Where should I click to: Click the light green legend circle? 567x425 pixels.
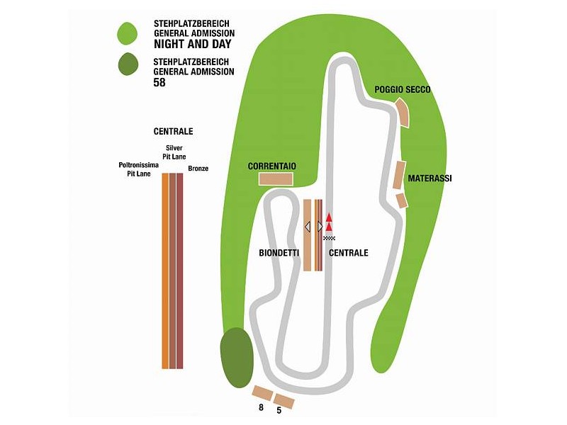pyautogui.click(x=127, y=33)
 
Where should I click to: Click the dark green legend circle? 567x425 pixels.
pyautogui.click(x=127, y=65)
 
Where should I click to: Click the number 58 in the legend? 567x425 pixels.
pyautogui.click(x=159, y=82)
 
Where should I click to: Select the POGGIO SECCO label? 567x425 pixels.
pyautogui.click(x=403, y=90)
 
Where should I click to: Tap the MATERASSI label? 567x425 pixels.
pyautogui.click(x=430, y=178)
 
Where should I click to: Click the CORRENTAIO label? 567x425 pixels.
pyautogui.click(x=271, y=166)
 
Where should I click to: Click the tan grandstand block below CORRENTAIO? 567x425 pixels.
pyautogui.click(x=276, y=178)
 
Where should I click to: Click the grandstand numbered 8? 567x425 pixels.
pyautogui.click(x=263, y=392)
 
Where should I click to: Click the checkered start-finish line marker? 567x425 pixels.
pyautogui.click(x=329, y=237)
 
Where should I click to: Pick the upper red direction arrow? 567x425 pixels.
pyautogui.click(x=329, y=217)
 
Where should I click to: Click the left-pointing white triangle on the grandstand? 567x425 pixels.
pyautogui.click(x=308, y=227)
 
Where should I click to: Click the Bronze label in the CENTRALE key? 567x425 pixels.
pyautogui.click(x=198, y=169)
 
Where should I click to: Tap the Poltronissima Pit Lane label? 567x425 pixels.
pyautogui.click(x=138, y=169)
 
